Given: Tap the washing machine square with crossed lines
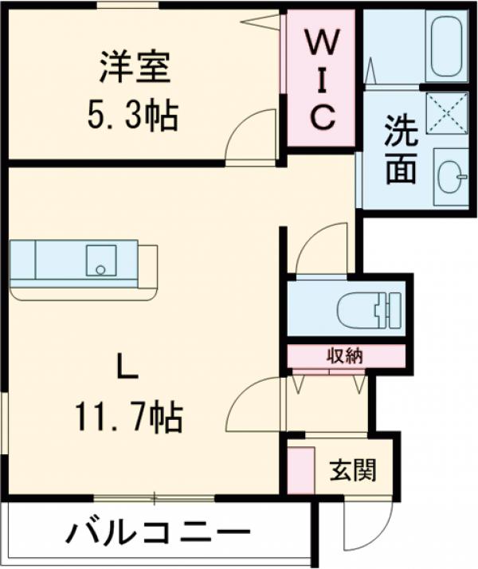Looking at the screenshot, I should [447, 112].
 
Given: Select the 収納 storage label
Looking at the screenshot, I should [345, 355].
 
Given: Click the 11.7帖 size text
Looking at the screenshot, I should [128, 415].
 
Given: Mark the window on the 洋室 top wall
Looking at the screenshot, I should [127, 6].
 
